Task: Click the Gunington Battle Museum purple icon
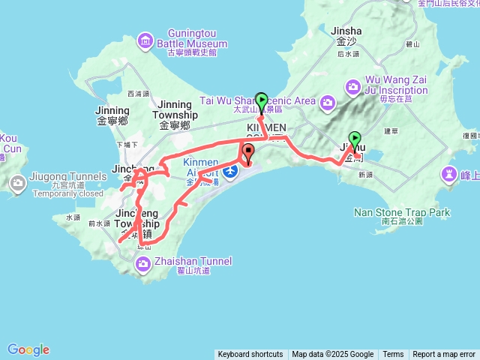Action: pyautogui.click(x=145, y=40)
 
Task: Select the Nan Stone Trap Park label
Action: pyautogui.click(x=402, y=213)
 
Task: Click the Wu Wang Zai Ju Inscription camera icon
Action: pyautogui.click(x=353, y=87)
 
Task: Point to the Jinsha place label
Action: pyautogui.click(x=346, y=32)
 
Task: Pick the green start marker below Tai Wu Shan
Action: pyautogui.click(x=261, y=100)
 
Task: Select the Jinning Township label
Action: pyautogui.click(x=175, y=109)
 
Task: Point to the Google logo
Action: pyautogui.click(x=28, y=349)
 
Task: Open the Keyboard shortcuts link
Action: pyautogui.click(x=250, y=355)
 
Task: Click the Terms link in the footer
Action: pyautogui.click(x=393, y=355)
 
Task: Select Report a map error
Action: pyautogui.click(x=444, y=355)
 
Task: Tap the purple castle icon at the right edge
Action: pyautogui.click(x=449, y=175)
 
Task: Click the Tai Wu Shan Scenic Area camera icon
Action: pyautogui.click(x=328, y=101)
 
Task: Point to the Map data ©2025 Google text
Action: pyautogui.click(x=332, y=355)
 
